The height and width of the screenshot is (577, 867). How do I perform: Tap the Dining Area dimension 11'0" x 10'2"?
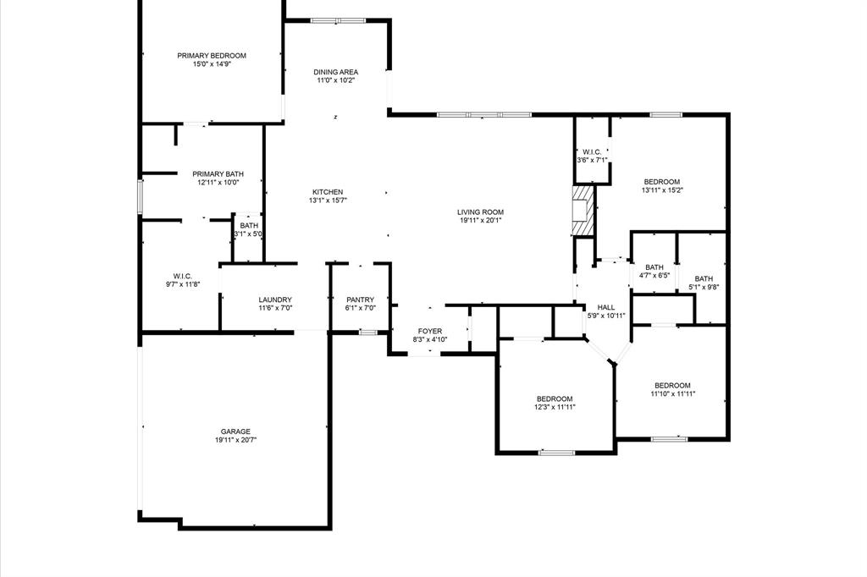pyautogui.click(x=335, y=81)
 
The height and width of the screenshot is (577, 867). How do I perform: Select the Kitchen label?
pyautogui.click(x=327, y=192)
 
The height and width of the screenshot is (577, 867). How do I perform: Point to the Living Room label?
pyautogui.click(x=480, y=212)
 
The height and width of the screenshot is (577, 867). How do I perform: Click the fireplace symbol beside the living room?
pyautogui.click(x=583, y=211)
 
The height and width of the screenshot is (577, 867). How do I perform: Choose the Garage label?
pyautogui.click(x=235, y=431)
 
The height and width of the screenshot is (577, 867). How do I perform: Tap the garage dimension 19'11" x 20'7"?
pyautogui.click(x=235, y=440)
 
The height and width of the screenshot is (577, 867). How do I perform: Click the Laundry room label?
pyautogui.click(x=275, y=299)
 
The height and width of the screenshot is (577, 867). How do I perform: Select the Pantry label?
pyautogui.click(x=360, y=299)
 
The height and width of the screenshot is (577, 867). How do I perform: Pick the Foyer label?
pyautogui.click(x=430, y=331)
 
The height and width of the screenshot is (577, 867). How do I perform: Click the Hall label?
pyautogui.click(x=606, y=307)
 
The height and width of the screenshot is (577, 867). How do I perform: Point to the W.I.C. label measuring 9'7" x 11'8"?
pyautogui.click(x=183, y=276)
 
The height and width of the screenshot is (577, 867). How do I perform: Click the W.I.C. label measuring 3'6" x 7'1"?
pyautogui.click(x=592, y=151)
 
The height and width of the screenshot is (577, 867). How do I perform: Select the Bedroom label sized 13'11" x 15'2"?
pyautogui.click(x=661, y=182)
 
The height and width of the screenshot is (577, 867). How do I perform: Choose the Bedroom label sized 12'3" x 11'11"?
pyautogui.click(x=555, y=398)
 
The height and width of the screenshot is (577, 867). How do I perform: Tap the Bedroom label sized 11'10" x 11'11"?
pyautogui.click(x=672, y=385)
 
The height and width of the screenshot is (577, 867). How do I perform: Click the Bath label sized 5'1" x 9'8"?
pyautogui.click(x=704, y=279)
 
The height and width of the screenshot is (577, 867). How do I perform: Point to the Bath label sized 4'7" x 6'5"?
pyautogui.click(x=654, y=267)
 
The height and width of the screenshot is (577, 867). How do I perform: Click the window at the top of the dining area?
pyautogui.click(x=337, y=19)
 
